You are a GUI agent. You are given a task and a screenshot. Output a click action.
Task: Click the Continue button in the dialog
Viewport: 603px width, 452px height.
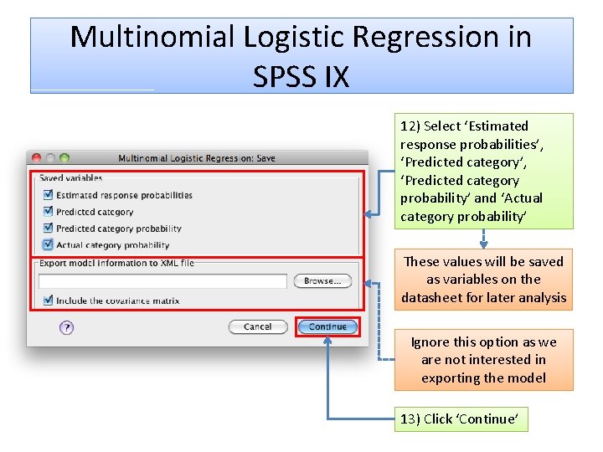[x=327, y=326]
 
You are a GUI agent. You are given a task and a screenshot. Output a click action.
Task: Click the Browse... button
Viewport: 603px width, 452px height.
[x=322, y=281]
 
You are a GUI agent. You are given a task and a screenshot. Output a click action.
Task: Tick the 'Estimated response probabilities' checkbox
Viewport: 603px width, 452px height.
[x=48, y=195]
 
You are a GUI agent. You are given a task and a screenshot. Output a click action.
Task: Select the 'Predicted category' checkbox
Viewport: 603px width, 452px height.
[x=48, y=212]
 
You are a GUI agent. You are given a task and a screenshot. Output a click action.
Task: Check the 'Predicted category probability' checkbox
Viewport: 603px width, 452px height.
[x=48, y=229]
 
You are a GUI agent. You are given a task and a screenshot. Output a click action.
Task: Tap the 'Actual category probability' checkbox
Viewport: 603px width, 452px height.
[x=48, y=245]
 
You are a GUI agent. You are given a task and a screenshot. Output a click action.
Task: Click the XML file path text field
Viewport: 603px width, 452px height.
[x=162, y=281]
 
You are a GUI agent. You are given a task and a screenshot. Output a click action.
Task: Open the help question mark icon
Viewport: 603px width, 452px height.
[x=67, y=328]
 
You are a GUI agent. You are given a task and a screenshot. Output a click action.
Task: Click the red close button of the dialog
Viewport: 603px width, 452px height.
[x=37, y=157]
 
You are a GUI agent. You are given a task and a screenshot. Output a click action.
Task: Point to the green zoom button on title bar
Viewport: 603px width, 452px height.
[x=64, y=157]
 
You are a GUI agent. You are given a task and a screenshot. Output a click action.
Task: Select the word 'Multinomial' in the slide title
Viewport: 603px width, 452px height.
[x=152, y=37]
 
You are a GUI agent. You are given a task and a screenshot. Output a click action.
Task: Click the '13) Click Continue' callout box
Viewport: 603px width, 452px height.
[x=461, y=419]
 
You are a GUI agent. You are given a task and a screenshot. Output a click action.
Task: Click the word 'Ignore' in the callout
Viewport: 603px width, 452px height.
[x=430, y=342]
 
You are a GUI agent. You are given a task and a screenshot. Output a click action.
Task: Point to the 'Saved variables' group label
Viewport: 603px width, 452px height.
[x=71, y=178]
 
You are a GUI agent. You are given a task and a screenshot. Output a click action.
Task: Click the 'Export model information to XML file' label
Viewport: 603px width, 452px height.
[x=116, y=263]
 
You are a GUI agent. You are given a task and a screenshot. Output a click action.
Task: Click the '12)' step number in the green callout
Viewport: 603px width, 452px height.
[x=410, y=126]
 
